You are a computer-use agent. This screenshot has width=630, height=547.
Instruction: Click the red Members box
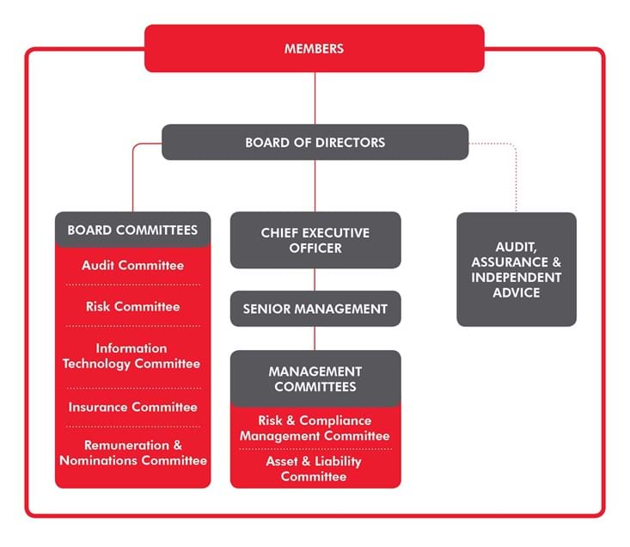314,48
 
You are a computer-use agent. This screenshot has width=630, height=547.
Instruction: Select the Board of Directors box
315,142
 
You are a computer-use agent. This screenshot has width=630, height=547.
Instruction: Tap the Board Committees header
132,230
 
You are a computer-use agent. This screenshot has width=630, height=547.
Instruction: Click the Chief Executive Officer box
315,240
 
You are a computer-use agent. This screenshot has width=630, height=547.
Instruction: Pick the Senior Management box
315,309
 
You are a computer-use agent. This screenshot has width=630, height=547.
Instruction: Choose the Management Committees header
315,378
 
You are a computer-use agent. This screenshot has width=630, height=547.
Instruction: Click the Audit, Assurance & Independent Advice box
516,269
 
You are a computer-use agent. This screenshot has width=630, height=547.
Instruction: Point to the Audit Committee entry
132,265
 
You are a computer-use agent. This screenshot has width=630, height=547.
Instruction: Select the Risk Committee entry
132,306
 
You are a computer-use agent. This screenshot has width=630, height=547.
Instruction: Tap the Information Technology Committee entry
132,356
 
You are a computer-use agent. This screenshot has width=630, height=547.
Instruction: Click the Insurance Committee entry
132,407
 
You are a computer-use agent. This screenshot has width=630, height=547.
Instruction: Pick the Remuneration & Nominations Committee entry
132,452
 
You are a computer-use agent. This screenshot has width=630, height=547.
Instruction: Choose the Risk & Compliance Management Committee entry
315,427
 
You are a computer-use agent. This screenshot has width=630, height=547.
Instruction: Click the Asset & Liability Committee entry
315,469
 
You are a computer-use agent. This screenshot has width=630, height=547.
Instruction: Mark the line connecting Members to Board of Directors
315,98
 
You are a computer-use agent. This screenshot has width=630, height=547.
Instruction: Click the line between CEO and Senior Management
315,280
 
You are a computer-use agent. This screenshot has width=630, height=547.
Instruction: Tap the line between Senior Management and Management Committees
315,338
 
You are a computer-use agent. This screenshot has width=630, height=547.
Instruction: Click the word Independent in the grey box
516,277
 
